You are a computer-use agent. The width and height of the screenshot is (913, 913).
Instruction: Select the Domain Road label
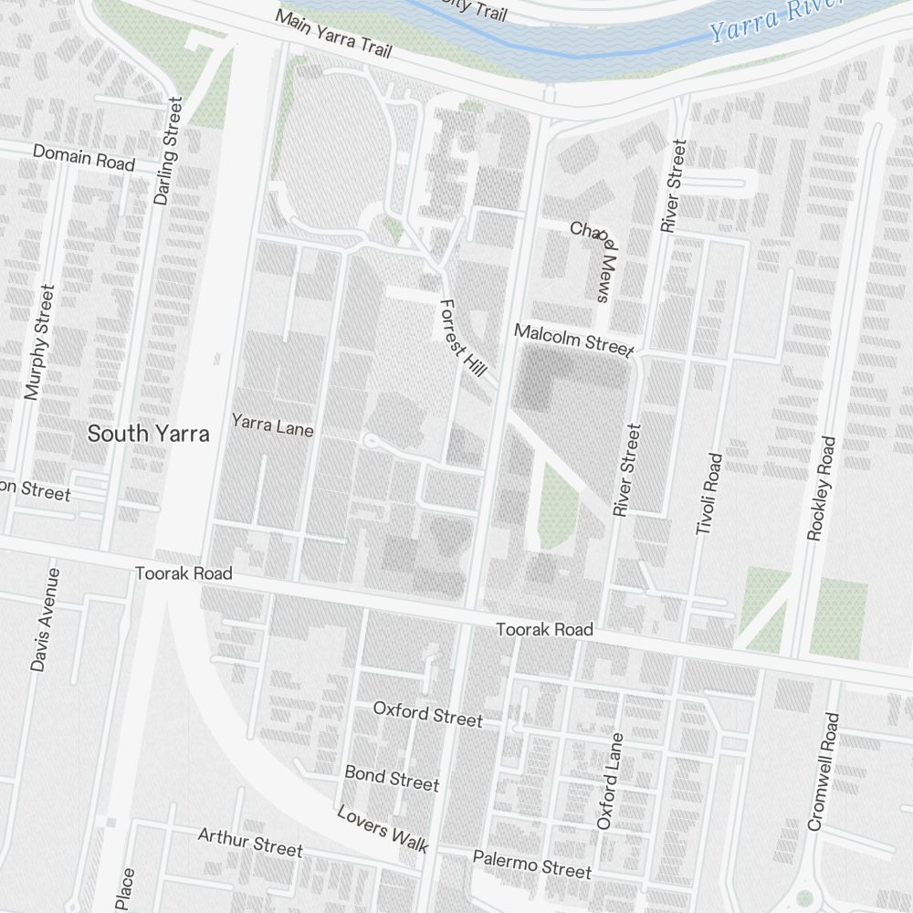click(x=84, y=157)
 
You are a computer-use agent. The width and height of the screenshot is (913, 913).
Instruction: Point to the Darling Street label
click(x=168, y=151)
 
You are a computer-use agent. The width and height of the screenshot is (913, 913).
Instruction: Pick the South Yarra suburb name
click(x=148, y=435)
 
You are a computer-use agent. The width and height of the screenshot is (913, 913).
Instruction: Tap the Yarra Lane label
click(x=272, y=425)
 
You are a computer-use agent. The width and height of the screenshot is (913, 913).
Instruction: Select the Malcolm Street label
click(x=573, y=339)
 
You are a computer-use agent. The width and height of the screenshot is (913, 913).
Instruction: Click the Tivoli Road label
click(x=708, y=494)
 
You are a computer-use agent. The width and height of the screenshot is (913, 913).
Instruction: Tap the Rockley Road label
click(x=822, y=488)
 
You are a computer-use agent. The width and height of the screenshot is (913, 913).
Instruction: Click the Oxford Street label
click(x=427, y=713)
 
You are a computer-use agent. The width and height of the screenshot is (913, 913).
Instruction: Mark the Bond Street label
click(x=392, y=778)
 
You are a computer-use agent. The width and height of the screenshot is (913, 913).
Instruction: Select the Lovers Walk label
click(x=383, y=828)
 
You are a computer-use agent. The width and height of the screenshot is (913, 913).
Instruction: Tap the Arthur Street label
click(x=250, y=842)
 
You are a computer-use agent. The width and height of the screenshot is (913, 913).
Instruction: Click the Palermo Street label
click(x=531, y=864)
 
